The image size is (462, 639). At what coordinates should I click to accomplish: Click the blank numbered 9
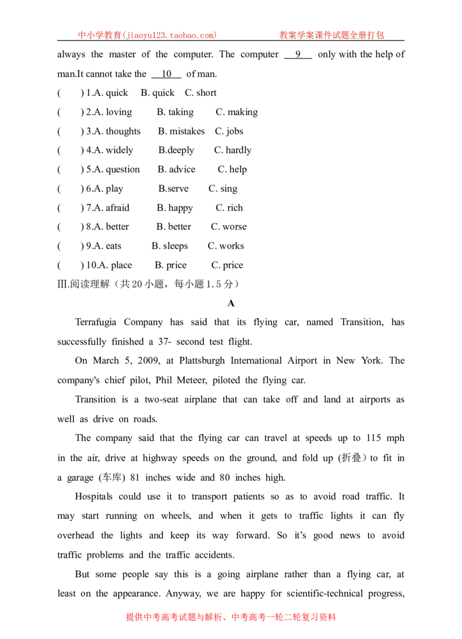coord(298,55)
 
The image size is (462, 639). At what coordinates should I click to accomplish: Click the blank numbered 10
coord(166,74)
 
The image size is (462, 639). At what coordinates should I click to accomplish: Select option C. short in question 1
coord(200,93)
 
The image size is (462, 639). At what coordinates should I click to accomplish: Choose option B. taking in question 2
coord(176,112)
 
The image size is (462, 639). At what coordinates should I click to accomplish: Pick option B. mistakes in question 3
coord(181,131)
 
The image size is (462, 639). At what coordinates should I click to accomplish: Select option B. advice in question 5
coord(177,170)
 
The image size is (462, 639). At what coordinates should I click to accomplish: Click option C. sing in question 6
coord(223,189)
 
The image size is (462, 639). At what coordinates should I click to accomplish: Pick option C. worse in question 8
coord(229,227)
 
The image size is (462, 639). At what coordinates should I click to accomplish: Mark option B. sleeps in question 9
coord(170,246)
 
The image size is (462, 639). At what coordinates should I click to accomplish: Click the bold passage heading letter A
coord(231,303)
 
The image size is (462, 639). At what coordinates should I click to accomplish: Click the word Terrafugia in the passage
coord(96,322)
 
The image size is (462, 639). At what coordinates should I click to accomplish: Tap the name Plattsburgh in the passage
coord(202,361)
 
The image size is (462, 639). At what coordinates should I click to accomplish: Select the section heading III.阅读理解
coord(84,284)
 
